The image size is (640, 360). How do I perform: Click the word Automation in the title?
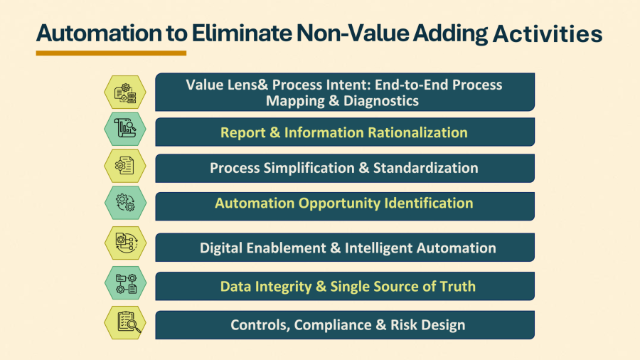(x=99, y=33)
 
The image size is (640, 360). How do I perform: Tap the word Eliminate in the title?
(x=242, y=33)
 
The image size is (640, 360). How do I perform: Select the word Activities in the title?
(x=548, y=33)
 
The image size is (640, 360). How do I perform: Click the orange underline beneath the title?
(x=111, y=53)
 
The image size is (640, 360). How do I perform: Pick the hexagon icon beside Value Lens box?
(x=125, y=92)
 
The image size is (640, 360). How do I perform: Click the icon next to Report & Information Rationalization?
(x=125, y=129)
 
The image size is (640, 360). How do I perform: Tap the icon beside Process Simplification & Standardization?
(x=125, y=166)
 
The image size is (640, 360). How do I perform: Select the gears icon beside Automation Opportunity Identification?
(x=125, y=203)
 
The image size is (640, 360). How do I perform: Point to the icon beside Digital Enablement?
(x=125, y=243)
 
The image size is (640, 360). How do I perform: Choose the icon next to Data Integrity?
(x=125, y=283)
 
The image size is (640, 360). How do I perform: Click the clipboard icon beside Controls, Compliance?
(x=125, y=322)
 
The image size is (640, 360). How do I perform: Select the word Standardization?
(x=426, y=168)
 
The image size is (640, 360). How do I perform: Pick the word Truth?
(x=457, y=287)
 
